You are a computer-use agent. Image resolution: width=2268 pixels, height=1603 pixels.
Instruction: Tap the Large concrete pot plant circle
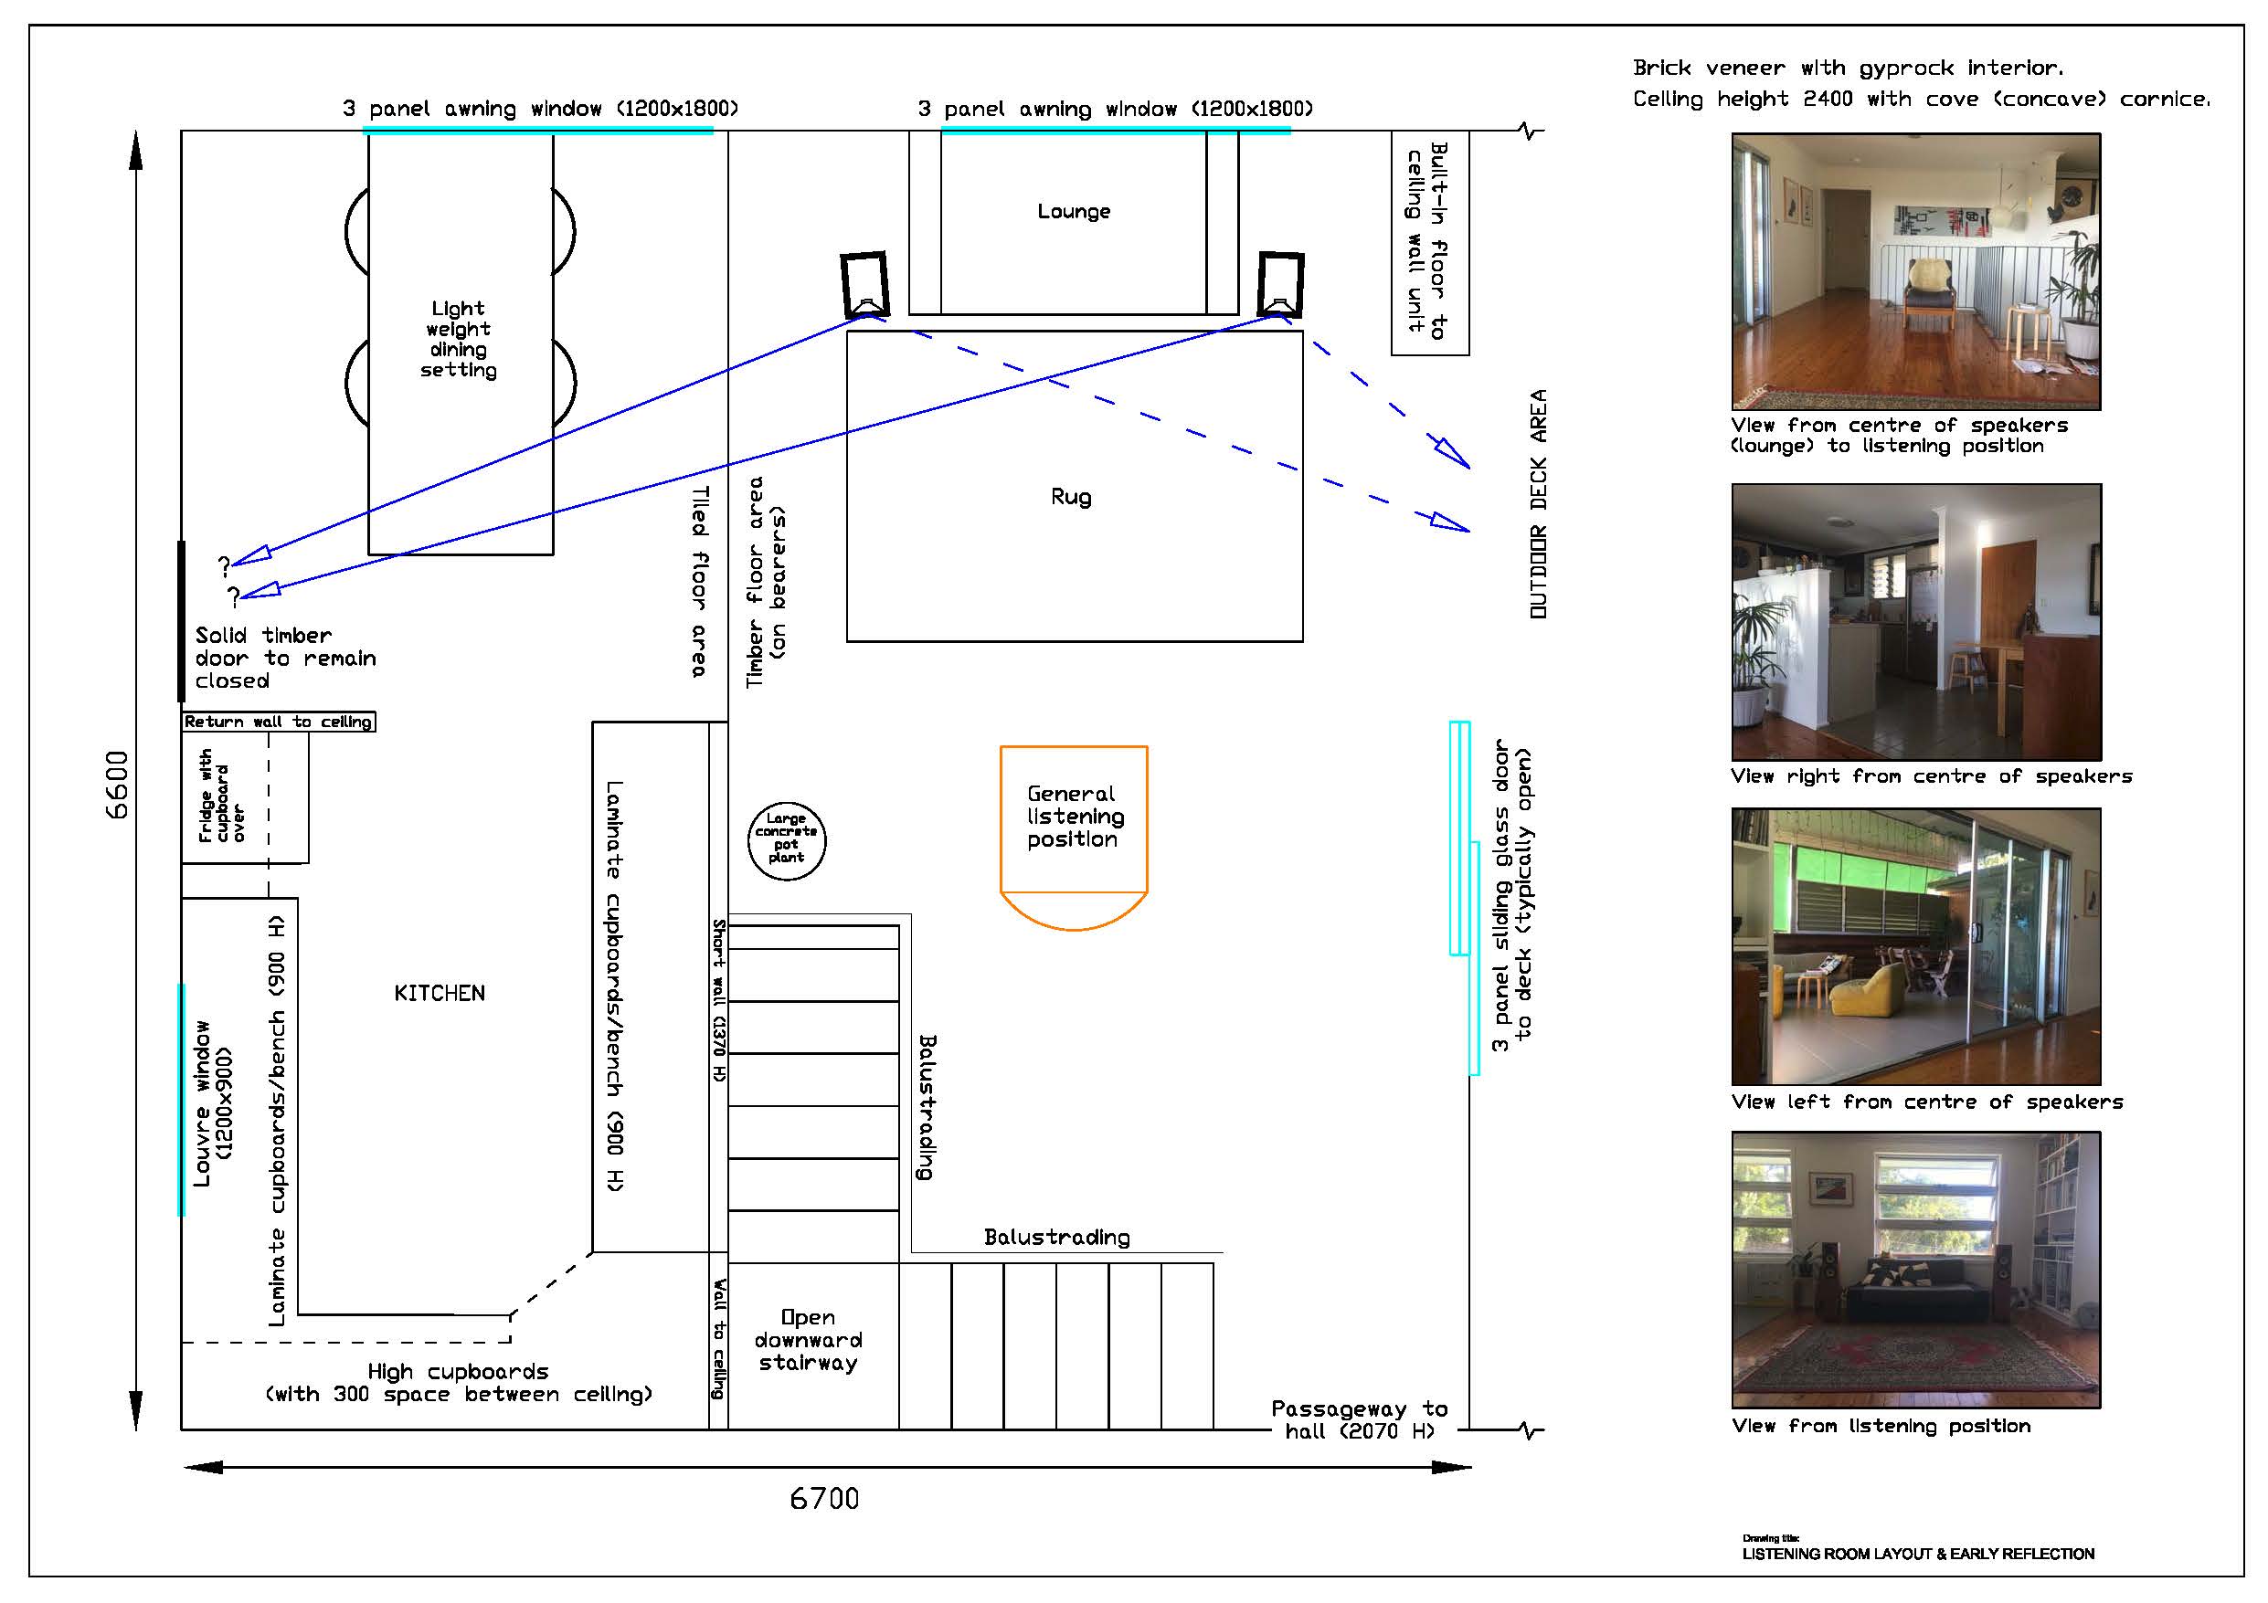coord(786,840)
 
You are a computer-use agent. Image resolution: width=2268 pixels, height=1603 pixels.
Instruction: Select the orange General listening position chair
coord(1074,838)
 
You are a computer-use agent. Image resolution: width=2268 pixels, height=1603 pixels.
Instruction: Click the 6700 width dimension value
coord(824,1499)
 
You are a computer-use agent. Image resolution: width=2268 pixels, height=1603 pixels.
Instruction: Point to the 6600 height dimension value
coord(117,786)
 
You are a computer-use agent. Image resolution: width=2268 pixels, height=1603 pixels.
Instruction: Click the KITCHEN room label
coord(440,994)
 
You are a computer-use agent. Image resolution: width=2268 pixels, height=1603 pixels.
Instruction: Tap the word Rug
coord(1072,497)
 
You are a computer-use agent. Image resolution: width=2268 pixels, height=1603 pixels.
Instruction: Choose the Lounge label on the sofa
coord(1074,211)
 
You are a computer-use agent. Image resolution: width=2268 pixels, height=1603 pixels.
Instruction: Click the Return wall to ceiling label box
coord(279,722)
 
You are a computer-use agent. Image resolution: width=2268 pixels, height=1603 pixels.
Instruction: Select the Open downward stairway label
coord(808,1340)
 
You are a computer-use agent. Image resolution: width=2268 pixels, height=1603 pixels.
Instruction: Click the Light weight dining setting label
coord(459,339)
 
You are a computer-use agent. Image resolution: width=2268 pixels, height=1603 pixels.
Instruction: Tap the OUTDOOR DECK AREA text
coord(1538,505)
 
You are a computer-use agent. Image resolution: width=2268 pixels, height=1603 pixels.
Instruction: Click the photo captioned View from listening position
coord(1916,1270)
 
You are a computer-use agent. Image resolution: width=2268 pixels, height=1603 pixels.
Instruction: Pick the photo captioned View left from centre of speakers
coord(1916,946)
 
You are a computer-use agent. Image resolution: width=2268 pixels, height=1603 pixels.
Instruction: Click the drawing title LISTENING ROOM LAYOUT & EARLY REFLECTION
coord(1918,1554)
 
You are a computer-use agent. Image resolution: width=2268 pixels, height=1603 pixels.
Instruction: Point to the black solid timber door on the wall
coord(181,620)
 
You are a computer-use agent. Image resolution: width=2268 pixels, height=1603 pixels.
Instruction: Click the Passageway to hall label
coord(1359,1419)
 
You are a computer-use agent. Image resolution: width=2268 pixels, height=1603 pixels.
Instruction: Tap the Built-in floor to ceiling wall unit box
coord(1429,242)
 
